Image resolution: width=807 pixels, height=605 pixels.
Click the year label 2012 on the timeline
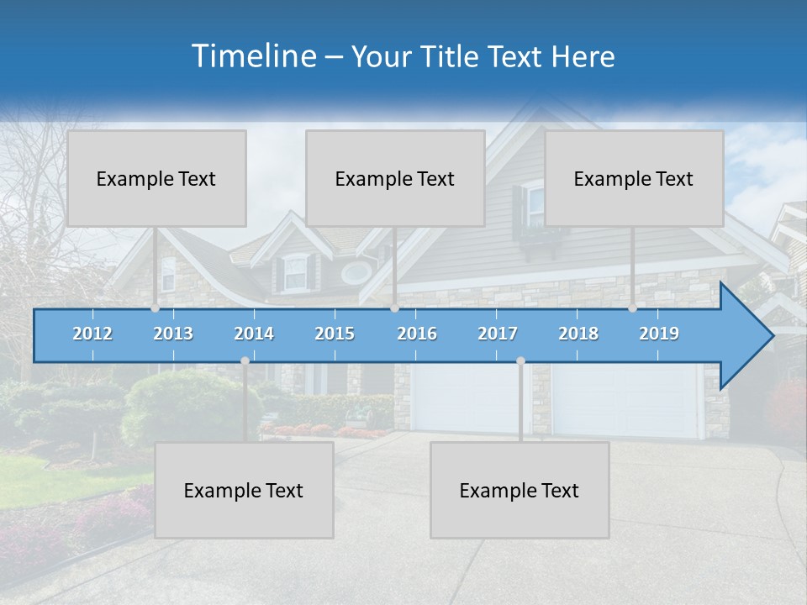point(92,334)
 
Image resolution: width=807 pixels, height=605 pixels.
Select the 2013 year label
point(173,334)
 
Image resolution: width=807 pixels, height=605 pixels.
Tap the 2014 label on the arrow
point(254,334)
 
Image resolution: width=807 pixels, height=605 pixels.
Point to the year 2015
point(335,334)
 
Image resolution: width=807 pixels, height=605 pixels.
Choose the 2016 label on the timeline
point(417,334)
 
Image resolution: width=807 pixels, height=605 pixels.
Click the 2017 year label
point(498,334)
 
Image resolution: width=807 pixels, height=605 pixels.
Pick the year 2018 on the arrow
point(578,334)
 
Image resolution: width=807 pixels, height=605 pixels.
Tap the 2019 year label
point(659,334)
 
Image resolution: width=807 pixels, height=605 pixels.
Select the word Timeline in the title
point(252,56)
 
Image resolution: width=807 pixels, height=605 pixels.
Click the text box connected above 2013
point(156,178)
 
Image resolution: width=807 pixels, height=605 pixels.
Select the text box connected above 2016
point(395,178)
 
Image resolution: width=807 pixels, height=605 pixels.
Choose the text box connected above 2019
point(634,178)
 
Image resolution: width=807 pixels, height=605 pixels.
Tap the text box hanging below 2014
point(244,490)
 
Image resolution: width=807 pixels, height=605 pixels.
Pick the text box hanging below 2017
point(520,490)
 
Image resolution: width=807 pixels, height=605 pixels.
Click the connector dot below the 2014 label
point(245,360)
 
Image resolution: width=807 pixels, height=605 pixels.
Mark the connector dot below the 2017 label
point(520,360)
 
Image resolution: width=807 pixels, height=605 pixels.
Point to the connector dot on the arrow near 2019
point(632,308)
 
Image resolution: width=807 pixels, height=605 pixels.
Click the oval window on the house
point(356,272)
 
